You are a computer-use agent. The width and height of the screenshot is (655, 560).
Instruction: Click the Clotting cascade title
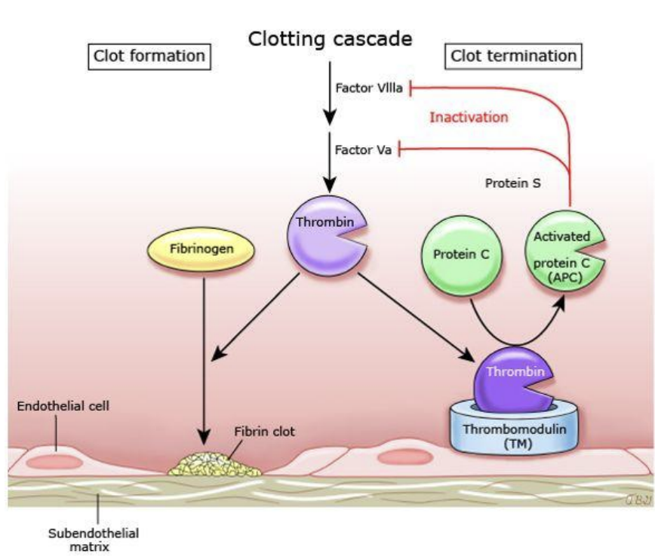click(x=331, y=39)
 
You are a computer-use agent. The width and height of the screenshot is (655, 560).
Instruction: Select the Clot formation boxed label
click(x=149, y=56)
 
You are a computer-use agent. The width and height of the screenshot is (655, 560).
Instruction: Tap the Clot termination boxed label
click(x=513, y=56)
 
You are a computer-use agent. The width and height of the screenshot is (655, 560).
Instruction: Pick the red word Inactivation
click(x=469, y=117)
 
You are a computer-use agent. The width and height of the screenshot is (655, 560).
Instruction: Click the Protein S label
click(x=512, y=183)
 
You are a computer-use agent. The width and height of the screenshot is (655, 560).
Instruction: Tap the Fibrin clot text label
click(x=263, y=432)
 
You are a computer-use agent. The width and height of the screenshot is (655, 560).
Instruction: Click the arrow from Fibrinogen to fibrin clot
click(x=204, y=355)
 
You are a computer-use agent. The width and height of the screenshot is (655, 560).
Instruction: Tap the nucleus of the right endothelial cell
click(x=406, y=456)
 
